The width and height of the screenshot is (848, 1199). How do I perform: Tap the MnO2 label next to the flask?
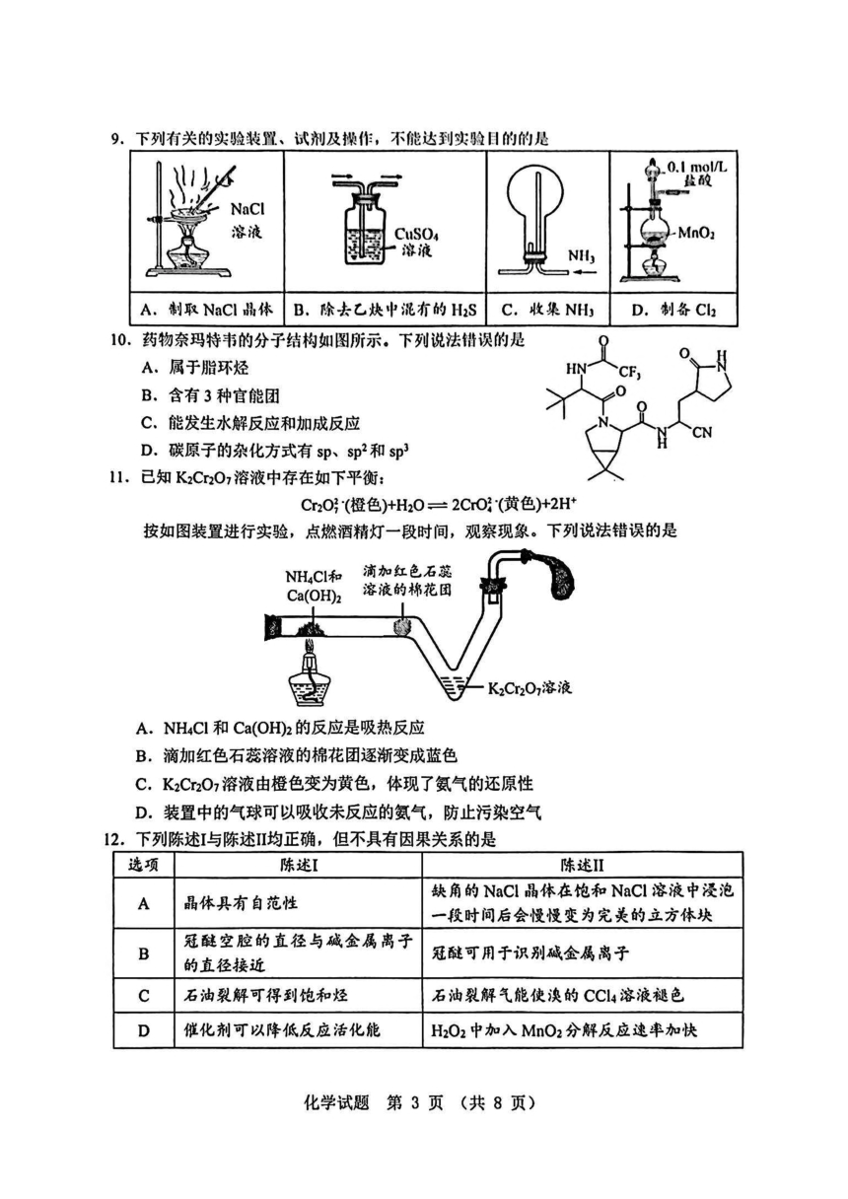click(x=696, y=233)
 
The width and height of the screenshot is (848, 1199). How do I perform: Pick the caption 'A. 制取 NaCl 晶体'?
click(x=206, y=309)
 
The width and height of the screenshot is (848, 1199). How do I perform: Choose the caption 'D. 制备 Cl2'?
click(x=674, y=310)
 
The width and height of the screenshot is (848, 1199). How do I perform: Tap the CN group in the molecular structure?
click(x=702, y=432)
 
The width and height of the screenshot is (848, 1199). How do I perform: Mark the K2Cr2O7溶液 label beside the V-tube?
click(x=530, y=688)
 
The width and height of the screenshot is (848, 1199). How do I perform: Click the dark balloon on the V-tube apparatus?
click(x=559, y=574)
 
